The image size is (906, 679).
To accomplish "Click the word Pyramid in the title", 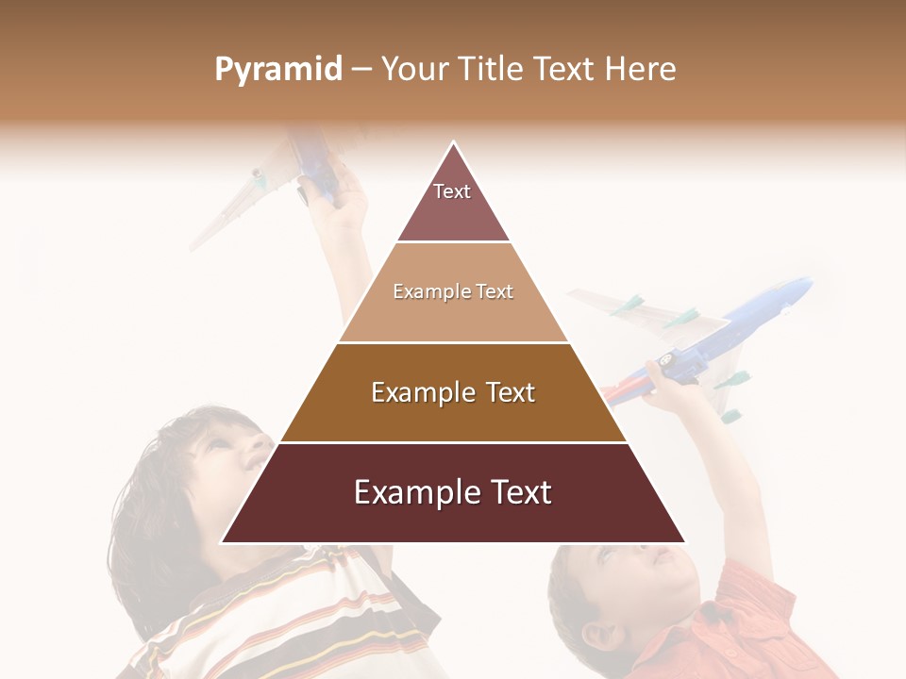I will coord(277,70).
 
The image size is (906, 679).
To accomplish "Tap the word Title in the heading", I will coord(491,70).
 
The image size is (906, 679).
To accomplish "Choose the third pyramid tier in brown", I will coord(453,392).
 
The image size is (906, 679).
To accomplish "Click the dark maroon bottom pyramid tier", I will coord(453,492).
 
